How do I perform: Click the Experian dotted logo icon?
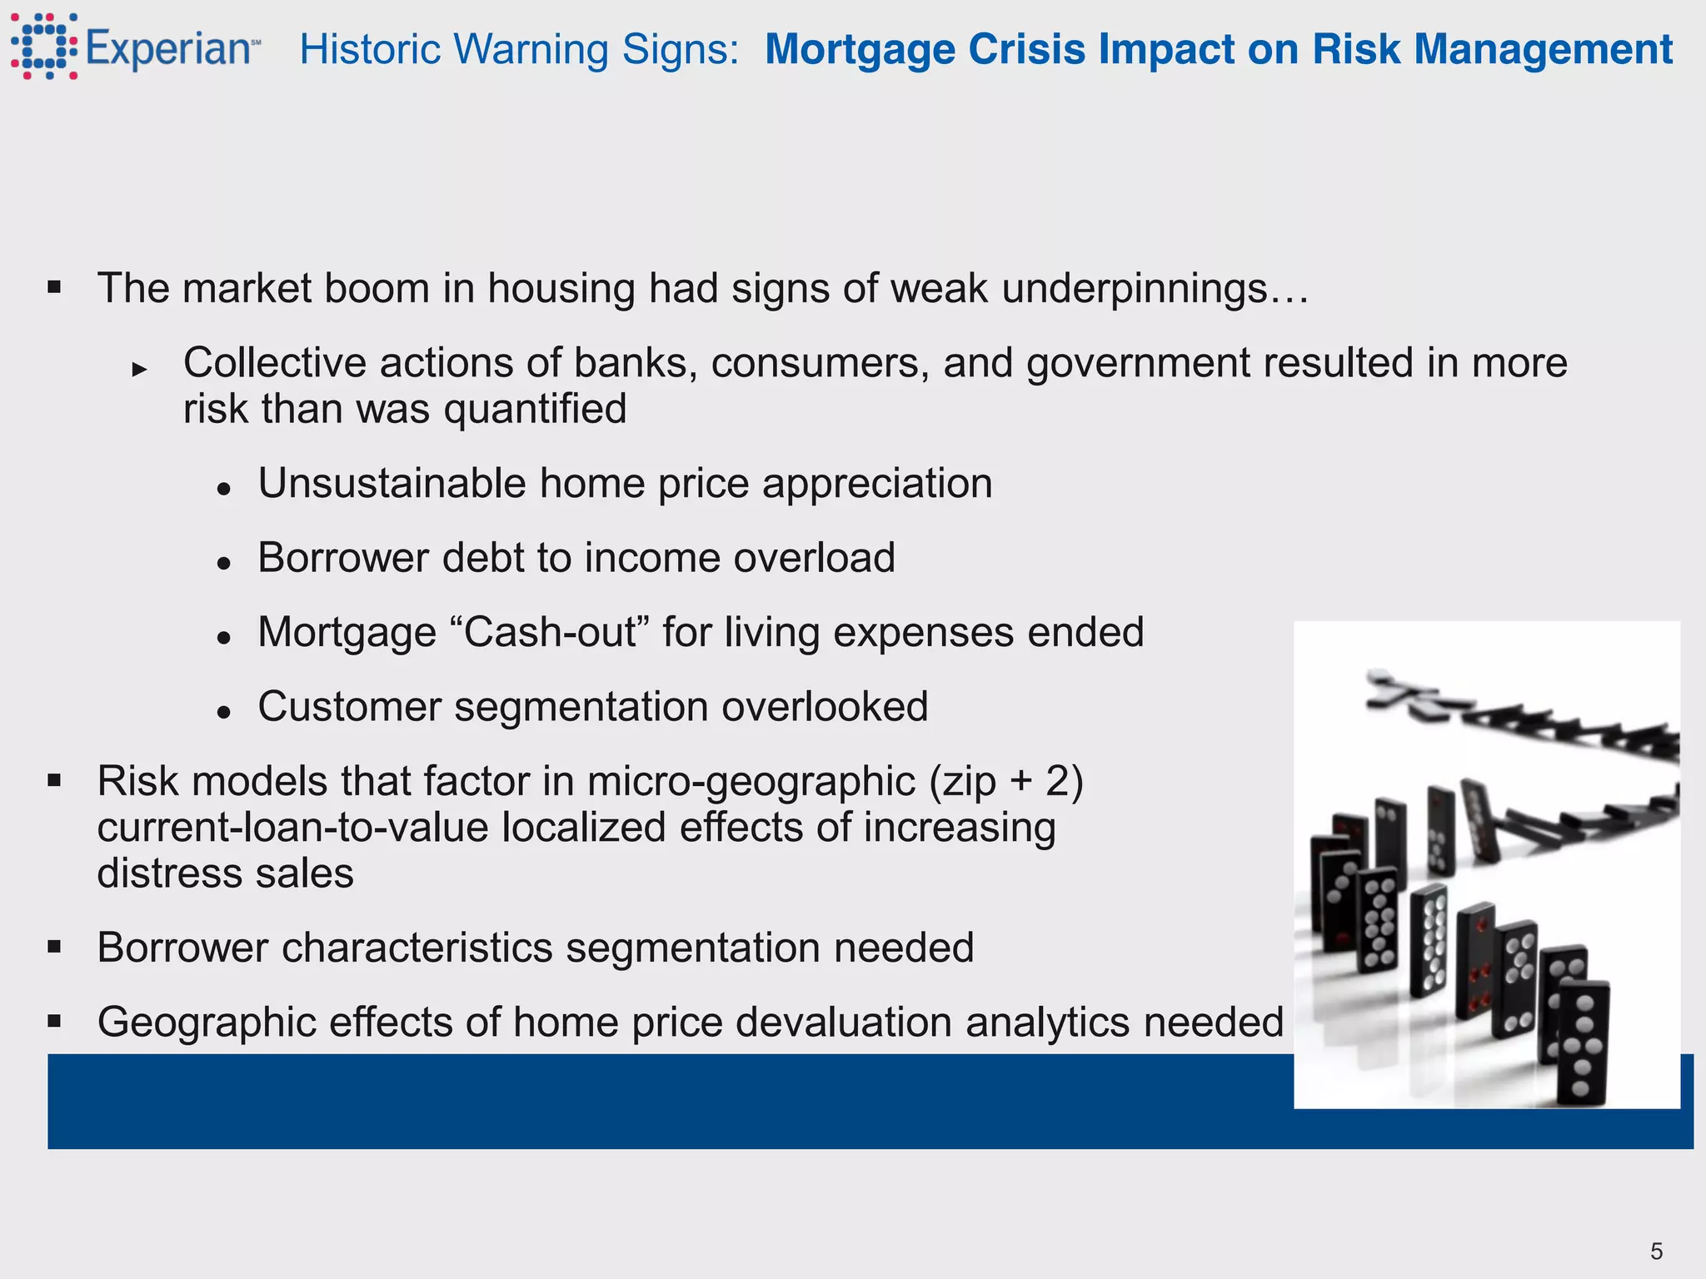pyautogui.click(x=44, y=47)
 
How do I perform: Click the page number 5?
pyautogui.click(x=1656, y=1251)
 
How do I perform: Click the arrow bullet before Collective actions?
pyautogui.click(x=139, y=369)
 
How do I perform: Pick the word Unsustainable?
pyautogui.click(x=392, y=484)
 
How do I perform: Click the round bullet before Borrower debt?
pyautogui.click(x=222, y=564)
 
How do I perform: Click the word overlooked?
pyautogui.click(x=825, y=707)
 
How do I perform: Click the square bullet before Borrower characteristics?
pyautogui.click(x=55, y=947)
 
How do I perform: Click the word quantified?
pyautogui.click(x=535, y=410)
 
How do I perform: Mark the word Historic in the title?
pyautogui.click(x=372, y=49)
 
